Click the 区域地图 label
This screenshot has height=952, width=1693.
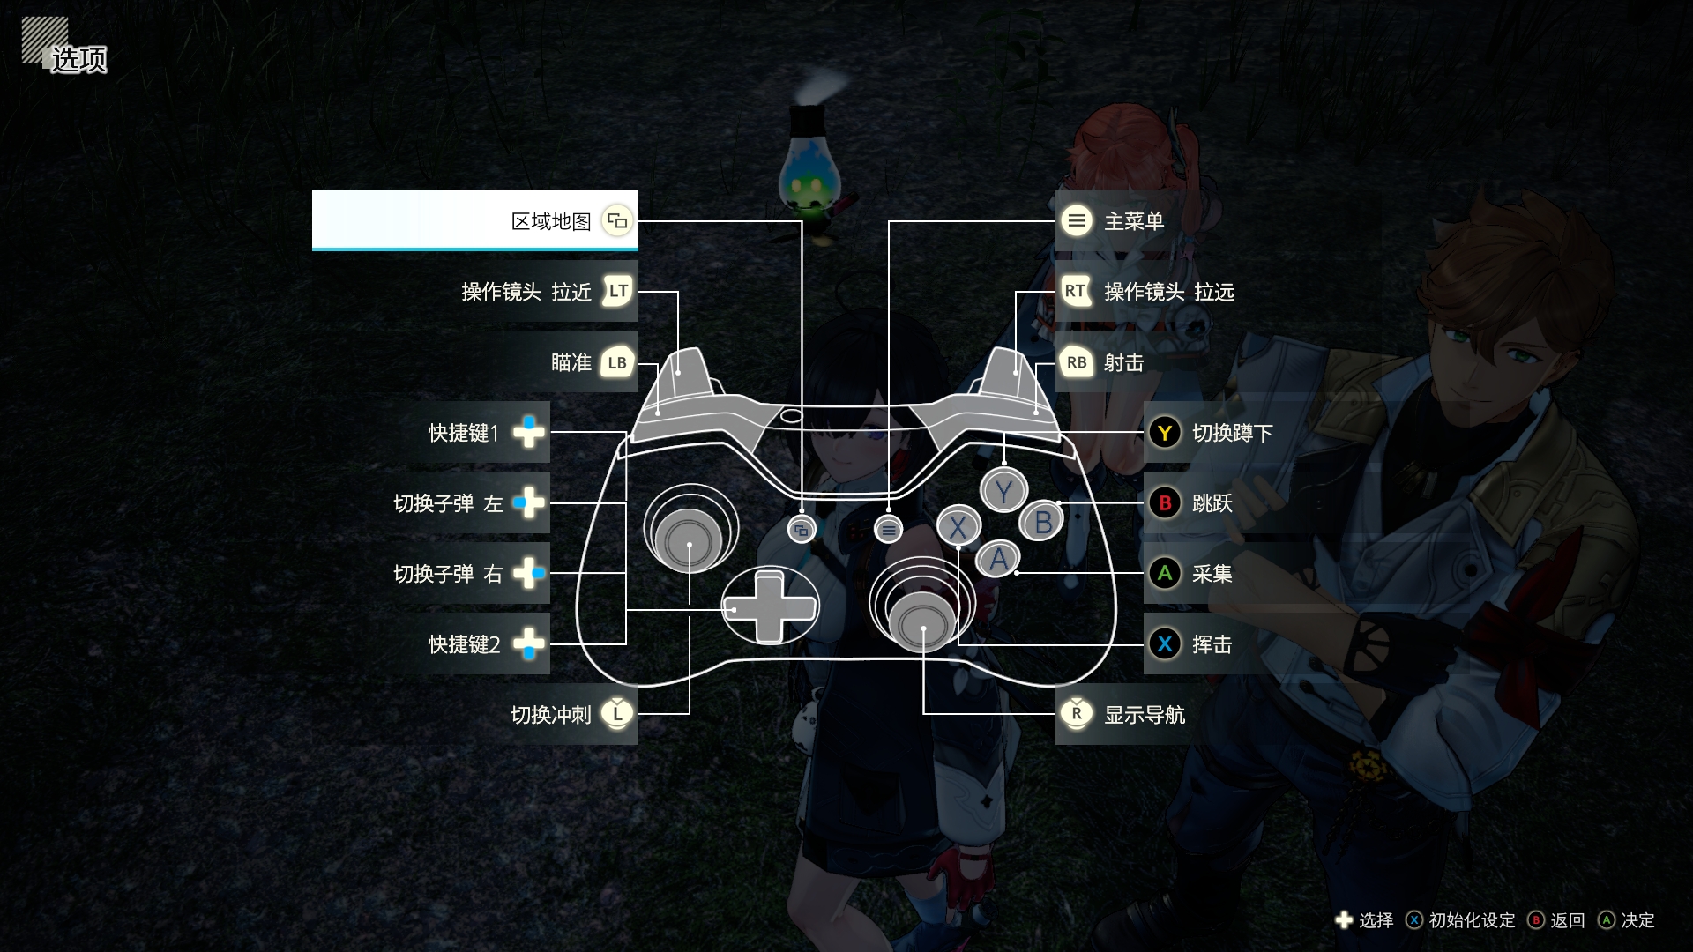(551, 221)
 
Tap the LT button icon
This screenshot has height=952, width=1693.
(617, 291)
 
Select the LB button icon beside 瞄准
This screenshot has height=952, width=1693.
(617, 362)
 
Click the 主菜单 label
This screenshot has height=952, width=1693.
(1134, 221)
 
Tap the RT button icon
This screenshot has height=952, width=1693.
(1076, 291)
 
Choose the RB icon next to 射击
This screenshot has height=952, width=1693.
(1077, 362)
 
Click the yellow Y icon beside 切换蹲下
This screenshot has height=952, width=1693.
(1165, 433)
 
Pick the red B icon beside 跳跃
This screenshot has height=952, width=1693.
(1165, 503)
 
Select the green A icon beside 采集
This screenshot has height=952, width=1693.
(1165, 574)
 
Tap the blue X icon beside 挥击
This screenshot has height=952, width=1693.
(1165, 644)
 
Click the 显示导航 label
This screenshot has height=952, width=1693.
(1145, 715)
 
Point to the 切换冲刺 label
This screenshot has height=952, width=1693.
(551, 715)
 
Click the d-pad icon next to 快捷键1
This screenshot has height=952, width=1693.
(529, 432)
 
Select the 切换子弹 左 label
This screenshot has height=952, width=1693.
(448, 503)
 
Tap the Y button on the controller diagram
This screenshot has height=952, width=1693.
(1003, 492)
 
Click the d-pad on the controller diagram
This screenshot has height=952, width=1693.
(769, 606)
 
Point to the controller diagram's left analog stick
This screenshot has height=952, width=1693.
(690, 539)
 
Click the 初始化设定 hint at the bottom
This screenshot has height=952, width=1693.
(1472, 920)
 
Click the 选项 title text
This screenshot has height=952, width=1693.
(78, 59)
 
